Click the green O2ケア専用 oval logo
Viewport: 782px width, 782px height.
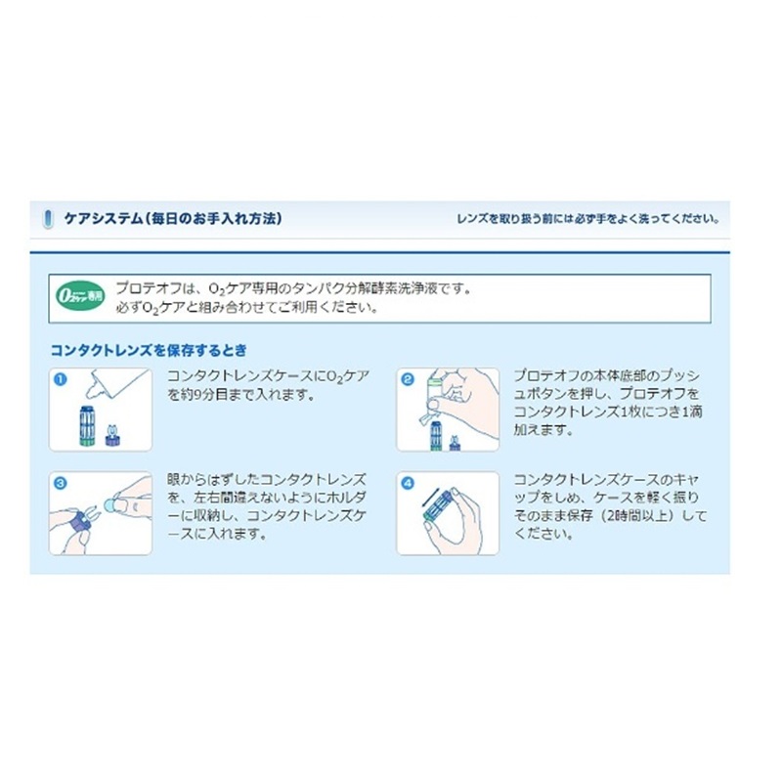(80, 296)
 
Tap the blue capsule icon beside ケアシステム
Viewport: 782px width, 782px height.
(48, 219)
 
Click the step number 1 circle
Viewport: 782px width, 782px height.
(60, 380)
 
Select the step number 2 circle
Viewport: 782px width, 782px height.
(408, 380)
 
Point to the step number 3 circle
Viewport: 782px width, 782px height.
(60, 483)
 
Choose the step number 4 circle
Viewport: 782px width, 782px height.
(408, 483)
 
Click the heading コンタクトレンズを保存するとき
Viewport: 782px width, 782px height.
(149, 351)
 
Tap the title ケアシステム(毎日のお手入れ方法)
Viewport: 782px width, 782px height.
(173, 218)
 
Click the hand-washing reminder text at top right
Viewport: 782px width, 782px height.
(588, 218)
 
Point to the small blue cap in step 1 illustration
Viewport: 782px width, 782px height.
(113, 436)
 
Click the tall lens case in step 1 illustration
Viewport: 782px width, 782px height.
(87, 425)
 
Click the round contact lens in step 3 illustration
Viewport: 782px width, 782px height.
(109, 504)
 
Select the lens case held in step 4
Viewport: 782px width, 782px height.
(437, 506)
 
